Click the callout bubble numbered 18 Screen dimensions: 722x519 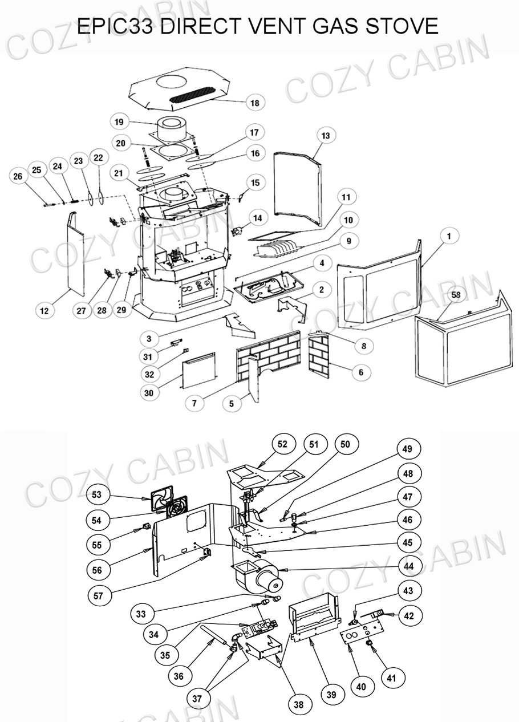[254, 103]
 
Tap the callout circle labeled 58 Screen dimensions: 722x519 [456, 295]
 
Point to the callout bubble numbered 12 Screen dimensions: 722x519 [44, 311]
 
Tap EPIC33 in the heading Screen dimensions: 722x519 [116, 26]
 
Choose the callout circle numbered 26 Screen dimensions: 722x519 [18, 177]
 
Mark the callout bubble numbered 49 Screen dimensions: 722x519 [407, 449]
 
